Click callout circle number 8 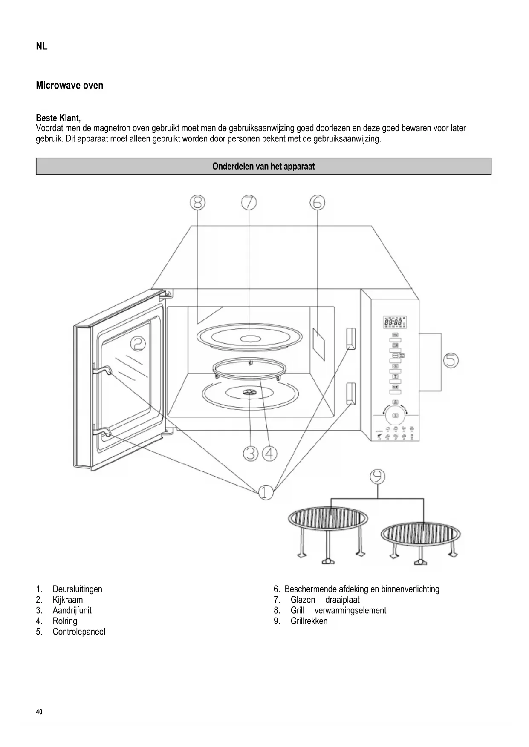198,203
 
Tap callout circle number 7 249,203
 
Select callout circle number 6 317,203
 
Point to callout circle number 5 451,361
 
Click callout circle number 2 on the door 138,343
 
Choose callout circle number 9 377,477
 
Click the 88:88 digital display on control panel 393,323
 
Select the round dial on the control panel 395,415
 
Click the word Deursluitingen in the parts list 77,589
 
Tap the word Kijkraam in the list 68,600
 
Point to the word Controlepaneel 79,632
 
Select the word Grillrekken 309,621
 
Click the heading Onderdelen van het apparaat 263,167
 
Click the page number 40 40,712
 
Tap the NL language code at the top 42,46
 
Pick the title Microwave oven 69,85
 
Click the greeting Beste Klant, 58,118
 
